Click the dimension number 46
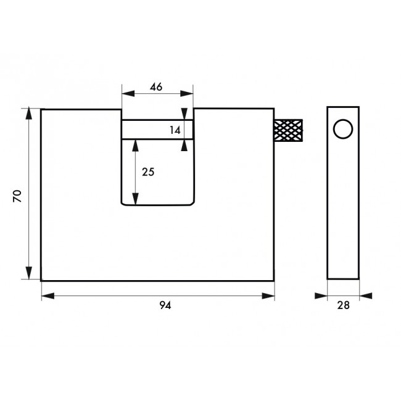[x=156, y=87]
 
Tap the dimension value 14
[x=175, y=130]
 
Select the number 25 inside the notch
[x=148, y=172]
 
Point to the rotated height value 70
[x=17, y=196]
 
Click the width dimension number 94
[x=165, y=305]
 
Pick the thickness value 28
[x=343, y=305]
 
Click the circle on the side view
[x=343, y=129]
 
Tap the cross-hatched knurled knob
[x=288, y=130]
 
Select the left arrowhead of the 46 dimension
[x=128, y=94]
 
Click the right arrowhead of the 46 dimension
[x=187, y=94]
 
